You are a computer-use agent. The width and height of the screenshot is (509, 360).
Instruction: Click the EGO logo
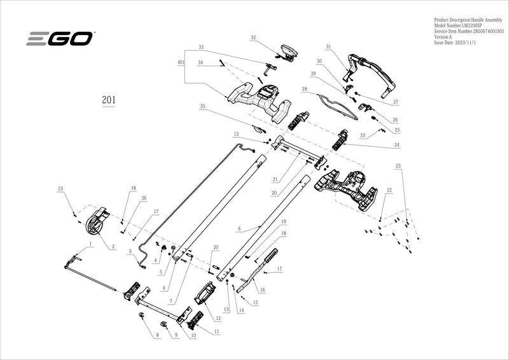tap(60, 39)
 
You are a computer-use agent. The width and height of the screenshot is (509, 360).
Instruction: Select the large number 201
tap(109, 100)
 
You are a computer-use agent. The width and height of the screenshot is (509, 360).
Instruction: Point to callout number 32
tap(253, 38)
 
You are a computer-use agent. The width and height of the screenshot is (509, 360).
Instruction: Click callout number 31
tap(328, 47)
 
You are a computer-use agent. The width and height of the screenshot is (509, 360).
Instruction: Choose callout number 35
tap(202, 106)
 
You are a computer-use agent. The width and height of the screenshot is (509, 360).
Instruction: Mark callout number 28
tap(305, 89)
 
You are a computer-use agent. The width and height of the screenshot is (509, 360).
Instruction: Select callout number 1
tap(91, 244)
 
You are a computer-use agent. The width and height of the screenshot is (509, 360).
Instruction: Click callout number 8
tap(157, 335)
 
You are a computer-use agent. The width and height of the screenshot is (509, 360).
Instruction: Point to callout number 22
tap(389, 190)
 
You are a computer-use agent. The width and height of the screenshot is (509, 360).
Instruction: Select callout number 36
tap(144, 198)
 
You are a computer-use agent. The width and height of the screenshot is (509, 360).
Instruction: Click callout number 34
tap(200, 63)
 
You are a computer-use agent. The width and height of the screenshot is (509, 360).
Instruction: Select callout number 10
tap(193, 335)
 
